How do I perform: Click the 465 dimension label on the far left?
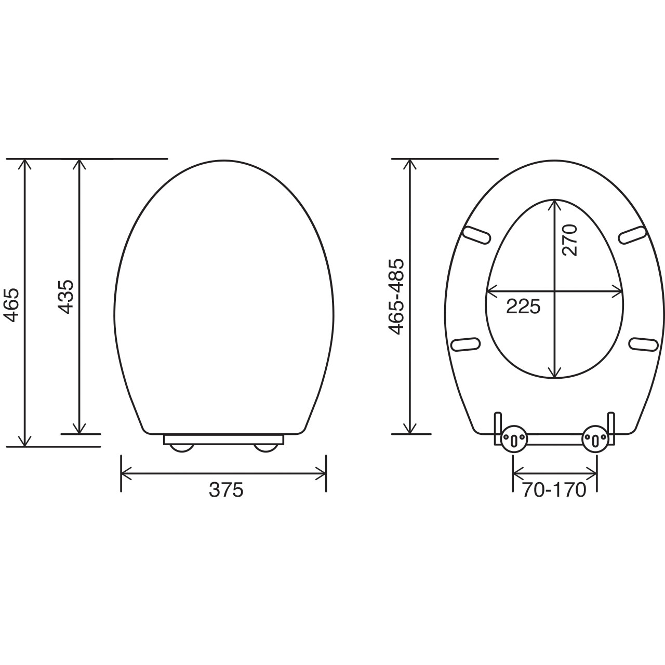point(11,305)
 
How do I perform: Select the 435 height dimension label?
point(66,296)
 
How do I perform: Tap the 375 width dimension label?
point(226,490)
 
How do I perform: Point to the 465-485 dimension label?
point(396,296)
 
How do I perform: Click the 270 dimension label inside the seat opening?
point(569,240)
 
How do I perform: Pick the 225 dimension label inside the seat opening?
point(523,306)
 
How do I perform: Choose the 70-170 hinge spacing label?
point(554,490)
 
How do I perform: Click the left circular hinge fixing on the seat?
point(514,439)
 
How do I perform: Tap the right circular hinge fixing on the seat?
point(594,439)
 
